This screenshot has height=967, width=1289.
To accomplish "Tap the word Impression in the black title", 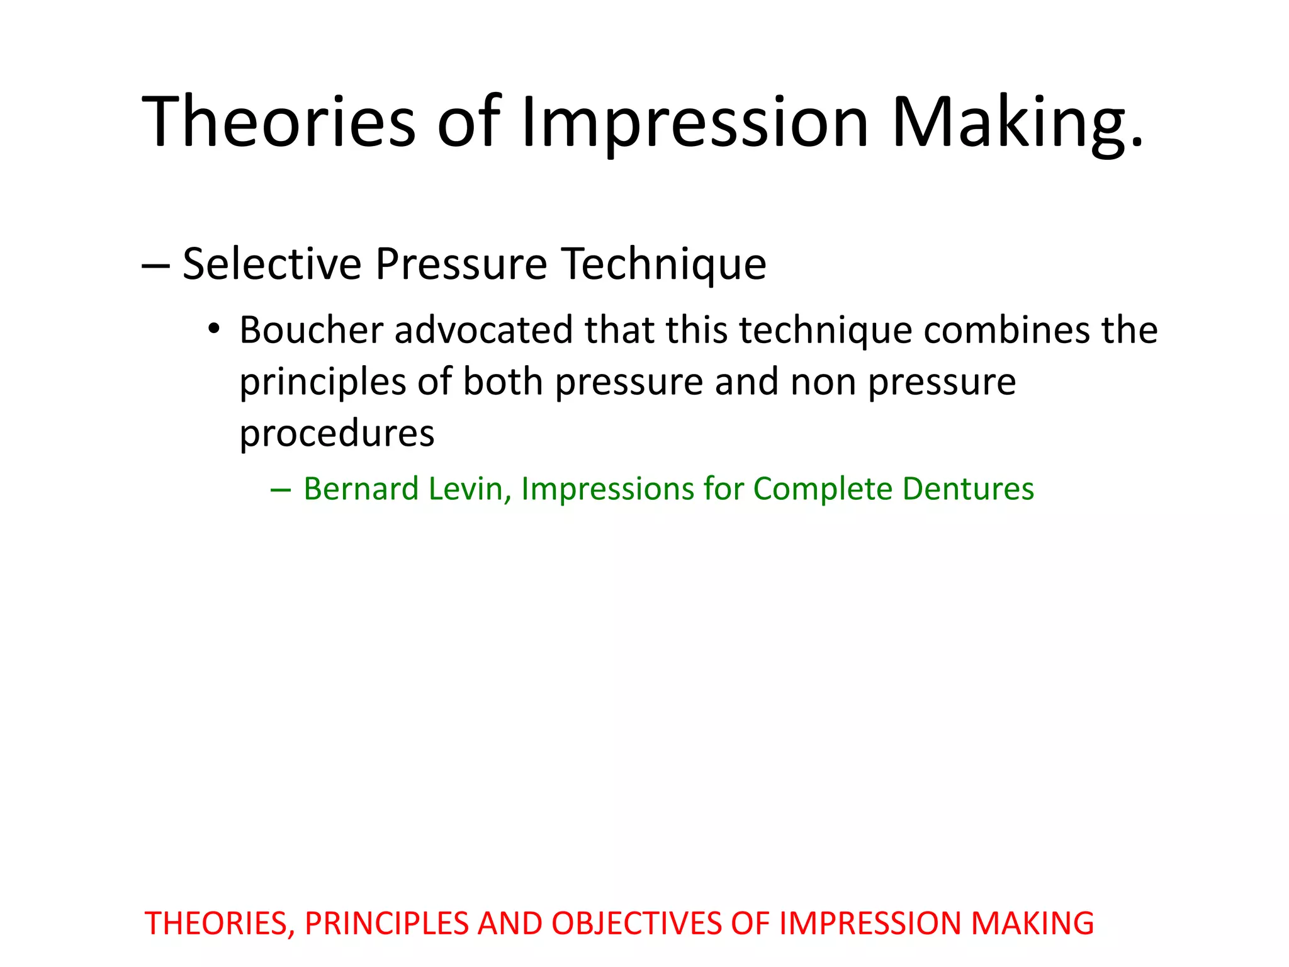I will coord(695,121).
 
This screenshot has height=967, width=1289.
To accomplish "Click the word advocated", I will coord(483,330).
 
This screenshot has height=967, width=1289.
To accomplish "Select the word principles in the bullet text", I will coord(322,382).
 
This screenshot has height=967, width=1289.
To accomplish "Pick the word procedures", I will coord(337,434).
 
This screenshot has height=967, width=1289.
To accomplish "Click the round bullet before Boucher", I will coord(214,329).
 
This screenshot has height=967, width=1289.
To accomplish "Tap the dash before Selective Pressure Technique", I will coord(155,265).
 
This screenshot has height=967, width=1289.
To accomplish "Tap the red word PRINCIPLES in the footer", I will coord(386,924).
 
